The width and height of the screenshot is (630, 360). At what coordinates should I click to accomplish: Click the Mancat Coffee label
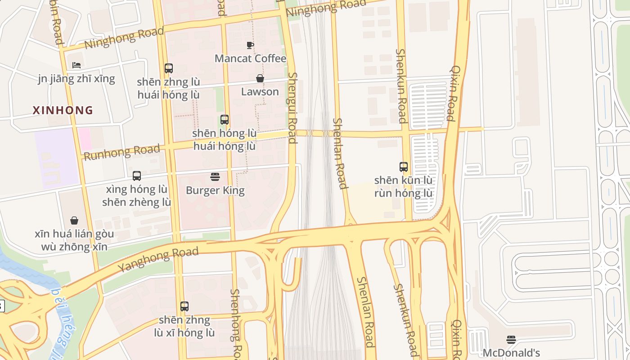[x=250, y=58]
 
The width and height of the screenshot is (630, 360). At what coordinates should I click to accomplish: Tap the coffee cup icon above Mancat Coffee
[x=250, y=45]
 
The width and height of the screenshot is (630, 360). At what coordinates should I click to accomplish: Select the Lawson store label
[x=260, y=92]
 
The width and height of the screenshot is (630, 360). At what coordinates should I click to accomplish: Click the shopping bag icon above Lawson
[x=260, y=78]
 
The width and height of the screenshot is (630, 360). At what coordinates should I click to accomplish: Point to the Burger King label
[x=215, y=190]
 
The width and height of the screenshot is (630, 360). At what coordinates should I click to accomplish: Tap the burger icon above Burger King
[x=215, y=177]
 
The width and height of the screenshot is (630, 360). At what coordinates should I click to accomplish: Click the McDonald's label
[x=511, y=353]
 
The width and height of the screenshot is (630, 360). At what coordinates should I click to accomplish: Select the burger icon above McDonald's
[x=511, y=339]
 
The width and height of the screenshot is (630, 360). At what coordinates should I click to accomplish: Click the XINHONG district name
[x=63, y=110]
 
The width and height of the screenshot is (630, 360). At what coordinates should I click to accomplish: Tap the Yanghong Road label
[x=158, y=260]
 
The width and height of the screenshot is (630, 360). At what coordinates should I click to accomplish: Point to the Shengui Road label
[x=292, y=108]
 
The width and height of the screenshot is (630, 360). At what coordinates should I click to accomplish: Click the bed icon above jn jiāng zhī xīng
[x=76, y=65]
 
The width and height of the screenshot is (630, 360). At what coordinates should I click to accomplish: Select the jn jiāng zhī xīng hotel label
[x=76, y=79]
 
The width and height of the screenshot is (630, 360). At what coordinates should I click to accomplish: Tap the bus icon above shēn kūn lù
[x=404, y=167]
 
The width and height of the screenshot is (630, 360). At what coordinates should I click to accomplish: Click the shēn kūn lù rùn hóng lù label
[x=404, y=187]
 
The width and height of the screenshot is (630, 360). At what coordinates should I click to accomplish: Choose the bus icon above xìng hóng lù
[x=137, y=176]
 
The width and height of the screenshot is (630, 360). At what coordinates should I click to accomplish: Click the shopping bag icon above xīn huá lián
[x=74, y=220]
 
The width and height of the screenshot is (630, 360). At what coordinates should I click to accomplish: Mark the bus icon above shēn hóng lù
[x=225, y=120]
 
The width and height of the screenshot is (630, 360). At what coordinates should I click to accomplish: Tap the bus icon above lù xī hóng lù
[x=184, y=306]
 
